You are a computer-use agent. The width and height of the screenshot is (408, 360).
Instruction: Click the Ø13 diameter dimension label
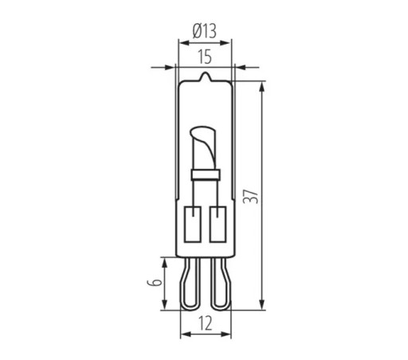pyautogui.click(x=204, y=31)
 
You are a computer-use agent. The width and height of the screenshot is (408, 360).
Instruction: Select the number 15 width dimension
pyautogui.click(x=205, y=57)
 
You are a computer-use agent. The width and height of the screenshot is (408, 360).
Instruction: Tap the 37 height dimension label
pyautogui.click(x=250, y=197)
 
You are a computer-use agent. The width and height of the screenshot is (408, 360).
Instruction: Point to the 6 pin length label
pyautogui.click(x=155, y=282)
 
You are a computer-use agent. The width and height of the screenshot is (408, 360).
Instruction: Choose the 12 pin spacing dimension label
pyautogui.click(x=206, y=323)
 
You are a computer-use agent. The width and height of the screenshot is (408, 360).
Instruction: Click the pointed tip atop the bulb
pyautogui.click(x=205, y=74)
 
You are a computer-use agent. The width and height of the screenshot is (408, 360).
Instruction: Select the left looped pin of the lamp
pyautogui.click(x=190, y=284)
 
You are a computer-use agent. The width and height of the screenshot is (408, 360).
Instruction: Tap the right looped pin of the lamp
pyautogui.click(x=221, y=284)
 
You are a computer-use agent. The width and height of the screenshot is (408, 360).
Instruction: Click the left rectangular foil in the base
pyautogui.click(x=192, y=224)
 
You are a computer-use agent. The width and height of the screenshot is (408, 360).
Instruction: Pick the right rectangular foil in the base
pyautogui.click(x=218, y=224)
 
